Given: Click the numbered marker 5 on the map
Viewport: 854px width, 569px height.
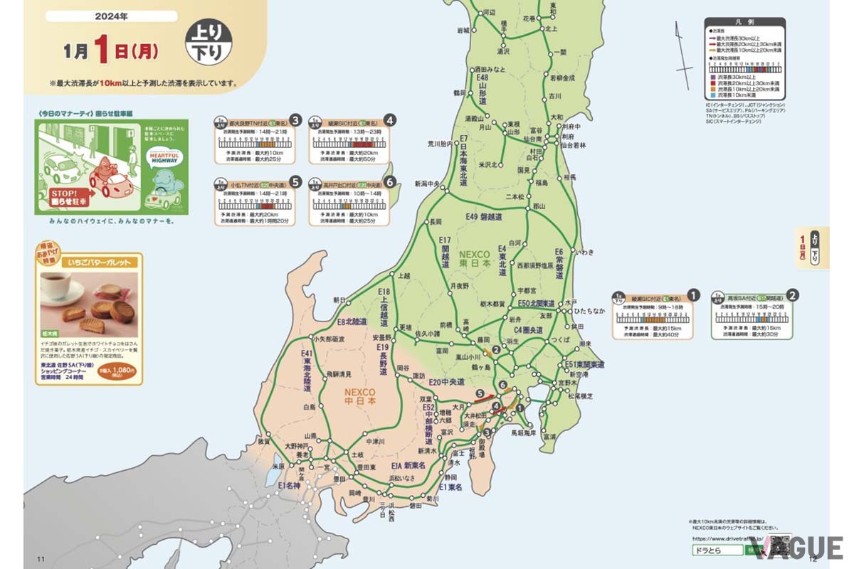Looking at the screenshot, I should pyautogui.click(x=480, y=393).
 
